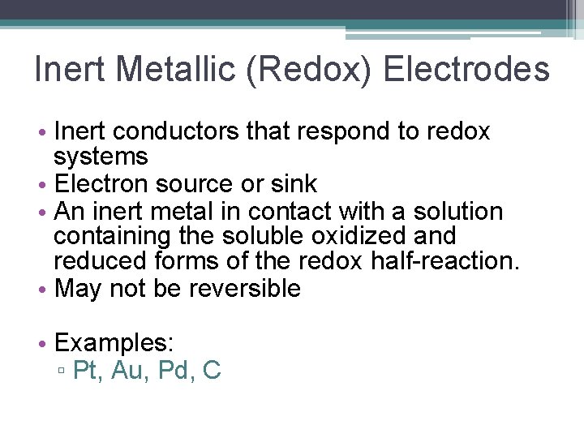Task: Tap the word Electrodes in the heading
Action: coord(466,70)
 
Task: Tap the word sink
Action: coord(294,184)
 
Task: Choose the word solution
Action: coord(458,211)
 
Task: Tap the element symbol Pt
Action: coord(84,370)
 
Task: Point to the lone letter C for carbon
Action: coord(211,370)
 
